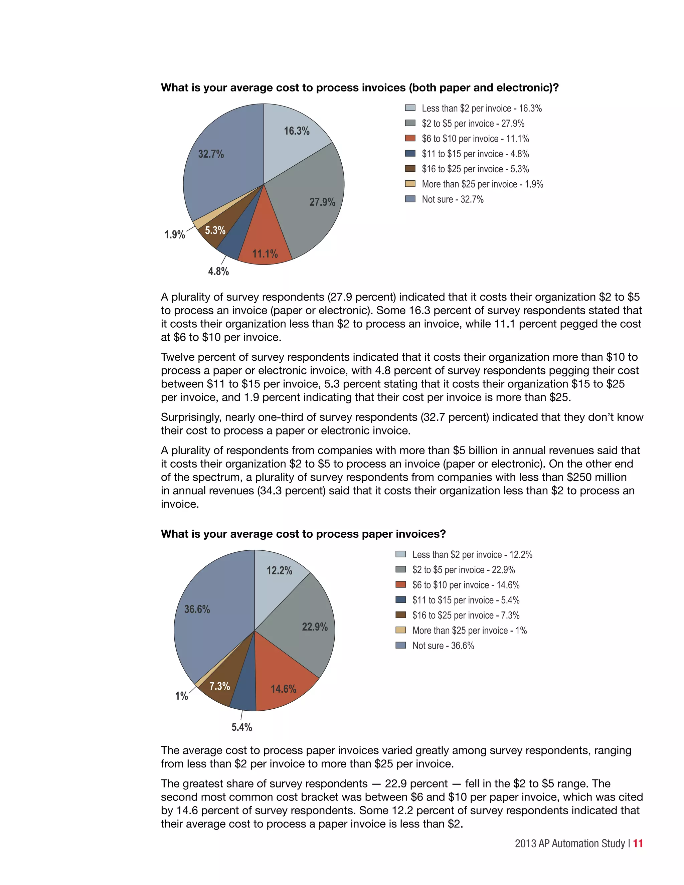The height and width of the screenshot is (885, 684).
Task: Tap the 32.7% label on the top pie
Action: tap(211, 154)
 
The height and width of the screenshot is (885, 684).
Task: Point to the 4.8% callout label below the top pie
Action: tap(218, 271)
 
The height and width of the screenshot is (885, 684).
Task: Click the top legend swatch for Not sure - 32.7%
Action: tap(410, 199)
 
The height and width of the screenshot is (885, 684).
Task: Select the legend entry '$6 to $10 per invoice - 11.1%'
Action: tap(475, 139)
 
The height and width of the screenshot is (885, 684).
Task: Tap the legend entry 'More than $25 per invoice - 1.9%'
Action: tap(482, 184)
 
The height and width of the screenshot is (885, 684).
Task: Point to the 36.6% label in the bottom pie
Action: tap(197, 609)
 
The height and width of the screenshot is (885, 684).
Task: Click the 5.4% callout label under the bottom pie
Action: tap(241, 727)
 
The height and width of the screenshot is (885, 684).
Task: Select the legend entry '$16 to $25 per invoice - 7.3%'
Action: tap(466, 615)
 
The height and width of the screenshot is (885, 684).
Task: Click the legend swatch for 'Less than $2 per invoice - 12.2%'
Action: tap(401, 554)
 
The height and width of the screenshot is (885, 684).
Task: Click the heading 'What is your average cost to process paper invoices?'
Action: tap(303, 534)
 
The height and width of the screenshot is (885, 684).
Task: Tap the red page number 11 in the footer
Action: tap(638, 843)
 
